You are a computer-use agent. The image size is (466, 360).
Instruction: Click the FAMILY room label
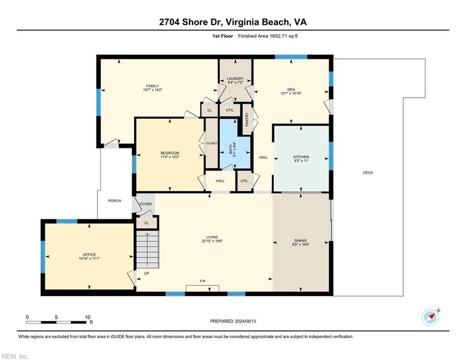[153, 86]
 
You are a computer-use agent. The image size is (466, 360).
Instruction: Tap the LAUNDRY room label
[236, 79]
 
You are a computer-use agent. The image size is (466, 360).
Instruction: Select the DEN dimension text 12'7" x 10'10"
[291, 93]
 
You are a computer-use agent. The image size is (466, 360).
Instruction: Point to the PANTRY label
[247, 120]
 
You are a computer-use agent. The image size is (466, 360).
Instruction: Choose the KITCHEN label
[301, 157]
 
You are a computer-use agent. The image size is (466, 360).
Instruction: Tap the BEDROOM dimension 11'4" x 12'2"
[170, 157]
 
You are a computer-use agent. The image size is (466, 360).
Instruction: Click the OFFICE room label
[89, 255]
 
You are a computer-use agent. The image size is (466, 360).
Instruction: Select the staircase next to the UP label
[148, 249]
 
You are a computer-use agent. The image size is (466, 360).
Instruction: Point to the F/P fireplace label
[203, 281]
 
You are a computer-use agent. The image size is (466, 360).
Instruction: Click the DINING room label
[301, 240]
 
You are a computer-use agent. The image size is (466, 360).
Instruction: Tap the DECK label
[368, 172]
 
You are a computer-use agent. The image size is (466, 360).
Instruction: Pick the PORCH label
[115, 201]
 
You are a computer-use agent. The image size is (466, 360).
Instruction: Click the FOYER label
[146, 204]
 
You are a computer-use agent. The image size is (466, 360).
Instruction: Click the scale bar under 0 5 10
[57, 322]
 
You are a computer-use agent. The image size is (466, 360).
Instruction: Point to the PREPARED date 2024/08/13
[233, 321]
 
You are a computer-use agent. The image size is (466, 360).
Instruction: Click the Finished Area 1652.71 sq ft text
[268, 36]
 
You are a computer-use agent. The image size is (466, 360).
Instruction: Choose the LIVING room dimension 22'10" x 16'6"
[212, 241]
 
